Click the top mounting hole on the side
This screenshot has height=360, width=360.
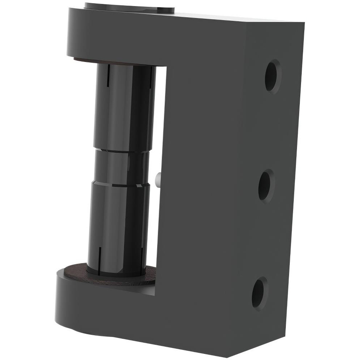coord(273,76)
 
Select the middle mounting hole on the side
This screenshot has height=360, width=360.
coord(266,186)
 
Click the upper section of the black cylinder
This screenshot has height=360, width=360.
coord(121,108)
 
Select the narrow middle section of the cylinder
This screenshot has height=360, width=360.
coord(121,167)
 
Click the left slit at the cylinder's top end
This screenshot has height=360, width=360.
coord(108,76)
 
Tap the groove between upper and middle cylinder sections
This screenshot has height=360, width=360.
coord(121,150)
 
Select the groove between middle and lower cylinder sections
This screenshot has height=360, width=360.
coord(119,184)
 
